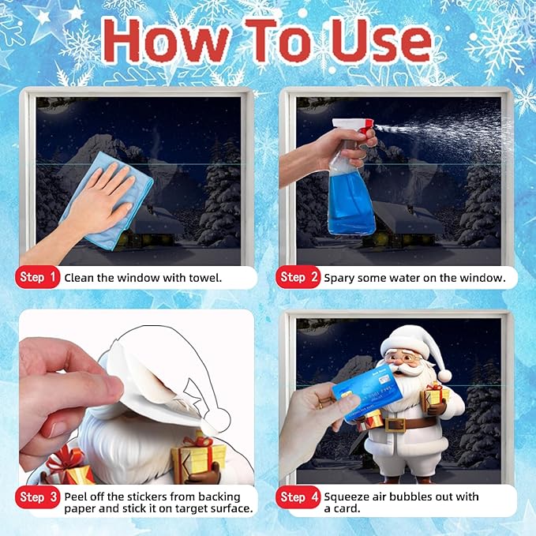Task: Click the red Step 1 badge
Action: click(x=38, y=277)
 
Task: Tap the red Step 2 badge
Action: click(x=298, y=277)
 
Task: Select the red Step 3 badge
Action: click(x=38, y=497)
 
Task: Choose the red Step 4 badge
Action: click(x=298, y=497)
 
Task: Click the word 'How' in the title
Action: click(x=166, y=40)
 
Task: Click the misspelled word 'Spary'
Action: click(x=339, y=278)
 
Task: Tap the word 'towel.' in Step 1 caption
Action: click(x=204, y=278)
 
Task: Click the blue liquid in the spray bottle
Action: click(x=351, y=205)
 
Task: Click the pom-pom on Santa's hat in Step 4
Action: click(x=444, y=375)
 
